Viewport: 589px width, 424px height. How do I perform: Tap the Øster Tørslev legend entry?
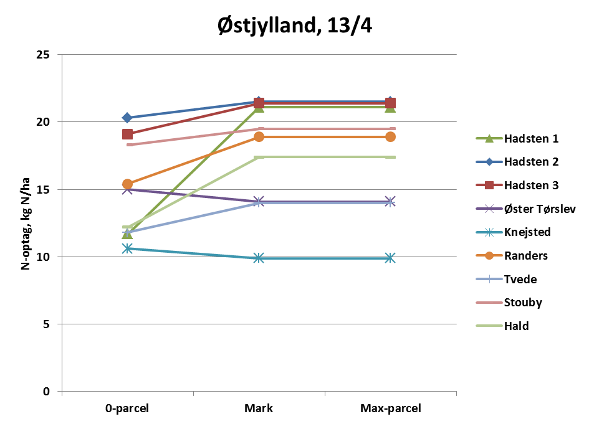coord(540,209)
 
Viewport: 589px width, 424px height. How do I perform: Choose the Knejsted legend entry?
coord(527,232)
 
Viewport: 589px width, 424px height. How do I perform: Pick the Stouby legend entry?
coord(523,303)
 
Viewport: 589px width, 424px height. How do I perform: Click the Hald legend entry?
coord(517,326)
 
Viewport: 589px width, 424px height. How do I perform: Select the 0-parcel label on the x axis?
coord(127,409)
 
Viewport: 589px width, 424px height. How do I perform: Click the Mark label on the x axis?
coord(259,409)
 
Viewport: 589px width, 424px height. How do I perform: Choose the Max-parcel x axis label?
coord(391,409)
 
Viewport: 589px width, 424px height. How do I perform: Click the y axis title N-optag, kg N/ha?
coord(26,224)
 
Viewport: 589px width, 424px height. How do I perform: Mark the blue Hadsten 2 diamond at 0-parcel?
coord(127,118)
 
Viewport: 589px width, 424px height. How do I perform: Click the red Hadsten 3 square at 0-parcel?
coord(127,134)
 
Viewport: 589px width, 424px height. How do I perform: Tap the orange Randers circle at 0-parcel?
coord(127,184)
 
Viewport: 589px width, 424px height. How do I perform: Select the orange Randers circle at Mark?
coord(259,137)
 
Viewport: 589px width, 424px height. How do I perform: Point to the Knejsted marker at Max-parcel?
coord(391,258)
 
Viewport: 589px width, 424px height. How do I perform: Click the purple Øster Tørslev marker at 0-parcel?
coord(127,189)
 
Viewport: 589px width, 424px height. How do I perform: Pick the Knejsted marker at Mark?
coord(259,258)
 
